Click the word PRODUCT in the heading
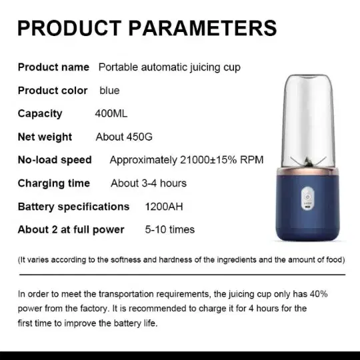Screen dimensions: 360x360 point(69,28)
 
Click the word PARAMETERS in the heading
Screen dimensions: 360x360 point(203,28)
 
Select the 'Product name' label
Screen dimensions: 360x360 point(53,67)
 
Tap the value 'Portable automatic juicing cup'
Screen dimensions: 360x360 point(169,67)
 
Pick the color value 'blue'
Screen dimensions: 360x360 point(109,91)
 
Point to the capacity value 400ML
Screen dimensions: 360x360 point(111,113)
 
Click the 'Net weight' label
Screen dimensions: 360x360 point(45,137)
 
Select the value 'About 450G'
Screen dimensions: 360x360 point(124,137)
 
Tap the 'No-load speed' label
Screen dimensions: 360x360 point(55,160)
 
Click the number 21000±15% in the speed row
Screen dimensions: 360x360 point(208,160)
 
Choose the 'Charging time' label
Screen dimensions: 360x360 point(54,183)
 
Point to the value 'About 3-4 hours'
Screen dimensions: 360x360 point(149,183)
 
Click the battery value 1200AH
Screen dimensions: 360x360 point(164,207)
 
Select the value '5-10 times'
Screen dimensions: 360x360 point(170,229)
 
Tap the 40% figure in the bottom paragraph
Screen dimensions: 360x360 point(319,294)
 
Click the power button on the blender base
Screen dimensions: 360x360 point(307,197)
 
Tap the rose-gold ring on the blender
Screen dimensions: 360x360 point(307,172)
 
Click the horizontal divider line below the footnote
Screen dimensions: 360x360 point(182,275)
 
